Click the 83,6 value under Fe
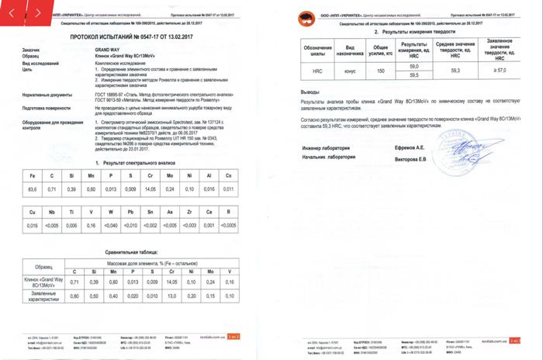tap(32, 189)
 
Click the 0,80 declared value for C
tap(74, 296)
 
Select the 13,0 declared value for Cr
tap(171, 296)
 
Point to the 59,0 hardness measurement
tap(413, 66)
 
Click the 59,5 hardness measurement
tap(413, 75)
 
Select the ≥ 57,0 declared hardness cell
tap(500, 71)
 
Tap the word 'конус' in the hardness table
tap(349, 71)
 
